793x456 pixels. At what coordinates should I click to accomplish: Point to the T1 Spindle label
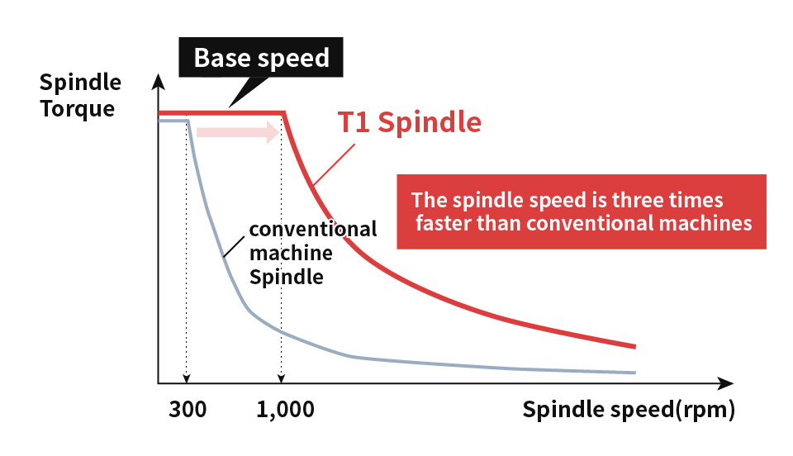[409, 122]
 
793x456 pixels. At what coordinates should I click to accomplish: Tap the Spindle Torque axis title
[79, 95]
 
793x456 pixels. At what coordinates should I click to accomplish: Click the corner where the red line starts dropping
[285, 113]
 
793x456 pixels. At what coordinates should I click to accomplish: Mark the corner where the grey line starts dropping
[189, 121]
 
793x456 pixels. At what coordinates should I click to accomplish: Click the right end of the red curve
[634, 346]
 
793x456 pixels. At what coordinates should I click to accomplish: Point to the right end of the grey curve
[634, 373]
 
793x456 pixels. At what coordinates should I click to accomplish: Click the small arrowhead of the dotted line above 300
[187, 378]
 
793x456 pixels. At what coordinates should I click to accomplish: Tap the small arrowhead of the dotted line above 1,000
[281, 378]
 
